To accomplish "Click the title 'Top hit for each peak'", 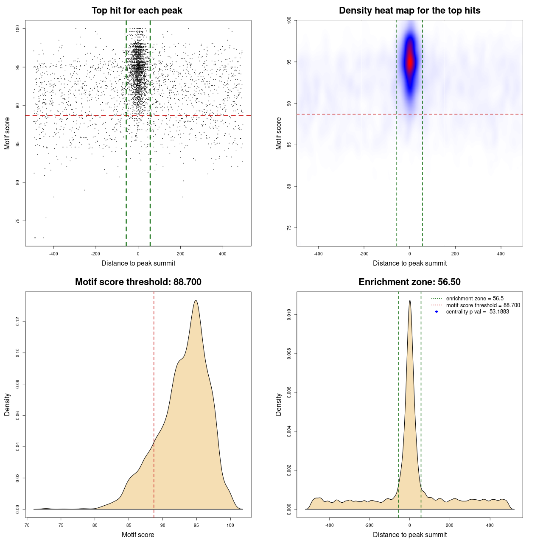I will pyautogui.click(x=137, y=11).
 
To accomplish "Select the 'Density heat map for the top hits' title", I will pyautogui.click(x=409, y=11).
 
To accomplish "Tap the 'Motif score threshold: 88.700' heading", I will pyautogui.click(x=138, y=282).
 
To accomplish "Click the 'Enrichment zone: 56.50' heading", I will pyautogui.click(x=409, y=282).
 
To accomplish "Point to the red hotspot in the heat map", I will pyautogui.click(x=410, y=62).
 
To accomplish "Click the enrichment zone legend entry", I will pyautogui.click(x=474, y=299).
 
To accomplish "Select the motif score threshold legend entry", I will pyautogui.click(x=483, y=305).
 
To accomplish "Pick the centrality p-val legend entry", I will pyautogui.click(x=477, y=312).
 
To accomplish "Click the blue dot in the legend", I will pyautogui.click(x=437, y=312).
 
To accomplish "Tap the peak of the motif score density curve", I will pyautogui.click(x=196, y=300).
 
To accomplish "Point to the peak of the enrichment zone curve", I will pyautogui.click(x=410, y=300).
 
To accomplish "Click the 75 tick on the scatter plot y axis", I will pyautogui.click(x=17, y=221).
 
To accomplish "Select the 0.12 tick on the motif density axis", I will pyautogui.click(x=17, y=322).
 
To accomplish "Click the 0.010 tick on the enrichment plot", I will pyautogui.click(x=289, y=314).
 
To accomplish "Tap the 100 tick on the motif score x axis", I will pyautogui.click(x=230, y=525).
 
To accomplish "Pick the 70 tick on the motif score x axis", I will pyautogui.click(x=27, y=525).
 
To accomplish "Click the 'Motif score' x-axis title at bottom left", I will pyautogui.click(x=138, y=535).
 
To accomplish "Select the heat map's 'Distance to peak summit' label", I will pyautogui.click(x=409, y=263).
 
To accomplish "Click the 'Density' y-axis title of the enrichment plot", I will pyautogui.click(x=279, y=404).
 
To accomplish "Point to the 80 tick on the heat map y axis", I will pyautogui.click(x=289, y=186).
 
